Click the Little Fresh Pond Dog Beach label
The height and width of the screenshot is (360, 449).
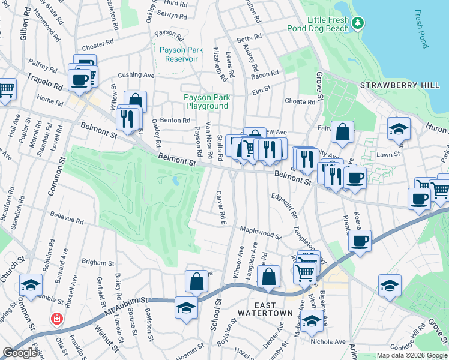point(327,24)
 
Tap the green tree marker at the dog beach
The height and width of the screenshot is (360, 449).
point(358,23)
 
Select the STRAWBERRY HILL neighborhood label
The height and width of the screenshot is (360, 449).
point(399,86)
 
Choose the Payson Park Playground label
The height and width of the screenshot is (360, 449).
point(206,101)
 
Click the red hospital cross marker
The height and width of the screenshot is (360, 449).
point(57,318)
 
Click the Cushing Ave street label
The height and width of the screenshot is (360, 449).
point(136,75)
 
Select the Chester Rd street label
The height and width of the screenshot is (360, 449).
point(98,45)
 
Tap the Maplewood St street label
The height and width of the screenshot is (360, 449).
point(261,232)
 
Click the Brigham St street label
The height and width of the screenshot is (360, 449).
point(98,263)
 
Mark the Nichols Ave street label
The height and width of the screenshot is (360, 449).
point(328,342)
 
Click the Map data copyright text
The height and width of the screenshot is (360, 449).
point(411,355)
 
